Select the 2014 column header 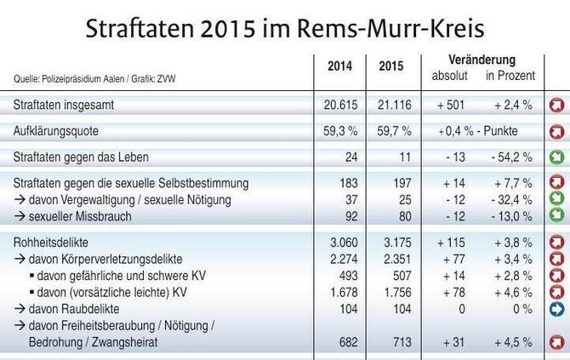[x=339, y=66]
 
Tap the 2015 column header [x=390, y=66]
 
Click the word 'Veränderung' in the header [x=482, y=60]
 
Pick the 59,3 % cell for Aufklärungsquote [x=339, y=131]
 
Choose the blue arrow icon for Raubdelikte [x=557, y=310]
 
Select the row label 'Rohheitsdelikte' [x=51, y=243]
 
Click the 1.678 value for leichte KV [x=339, y=293]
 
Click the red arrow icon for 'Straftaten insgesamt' [x=557, y=106]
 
